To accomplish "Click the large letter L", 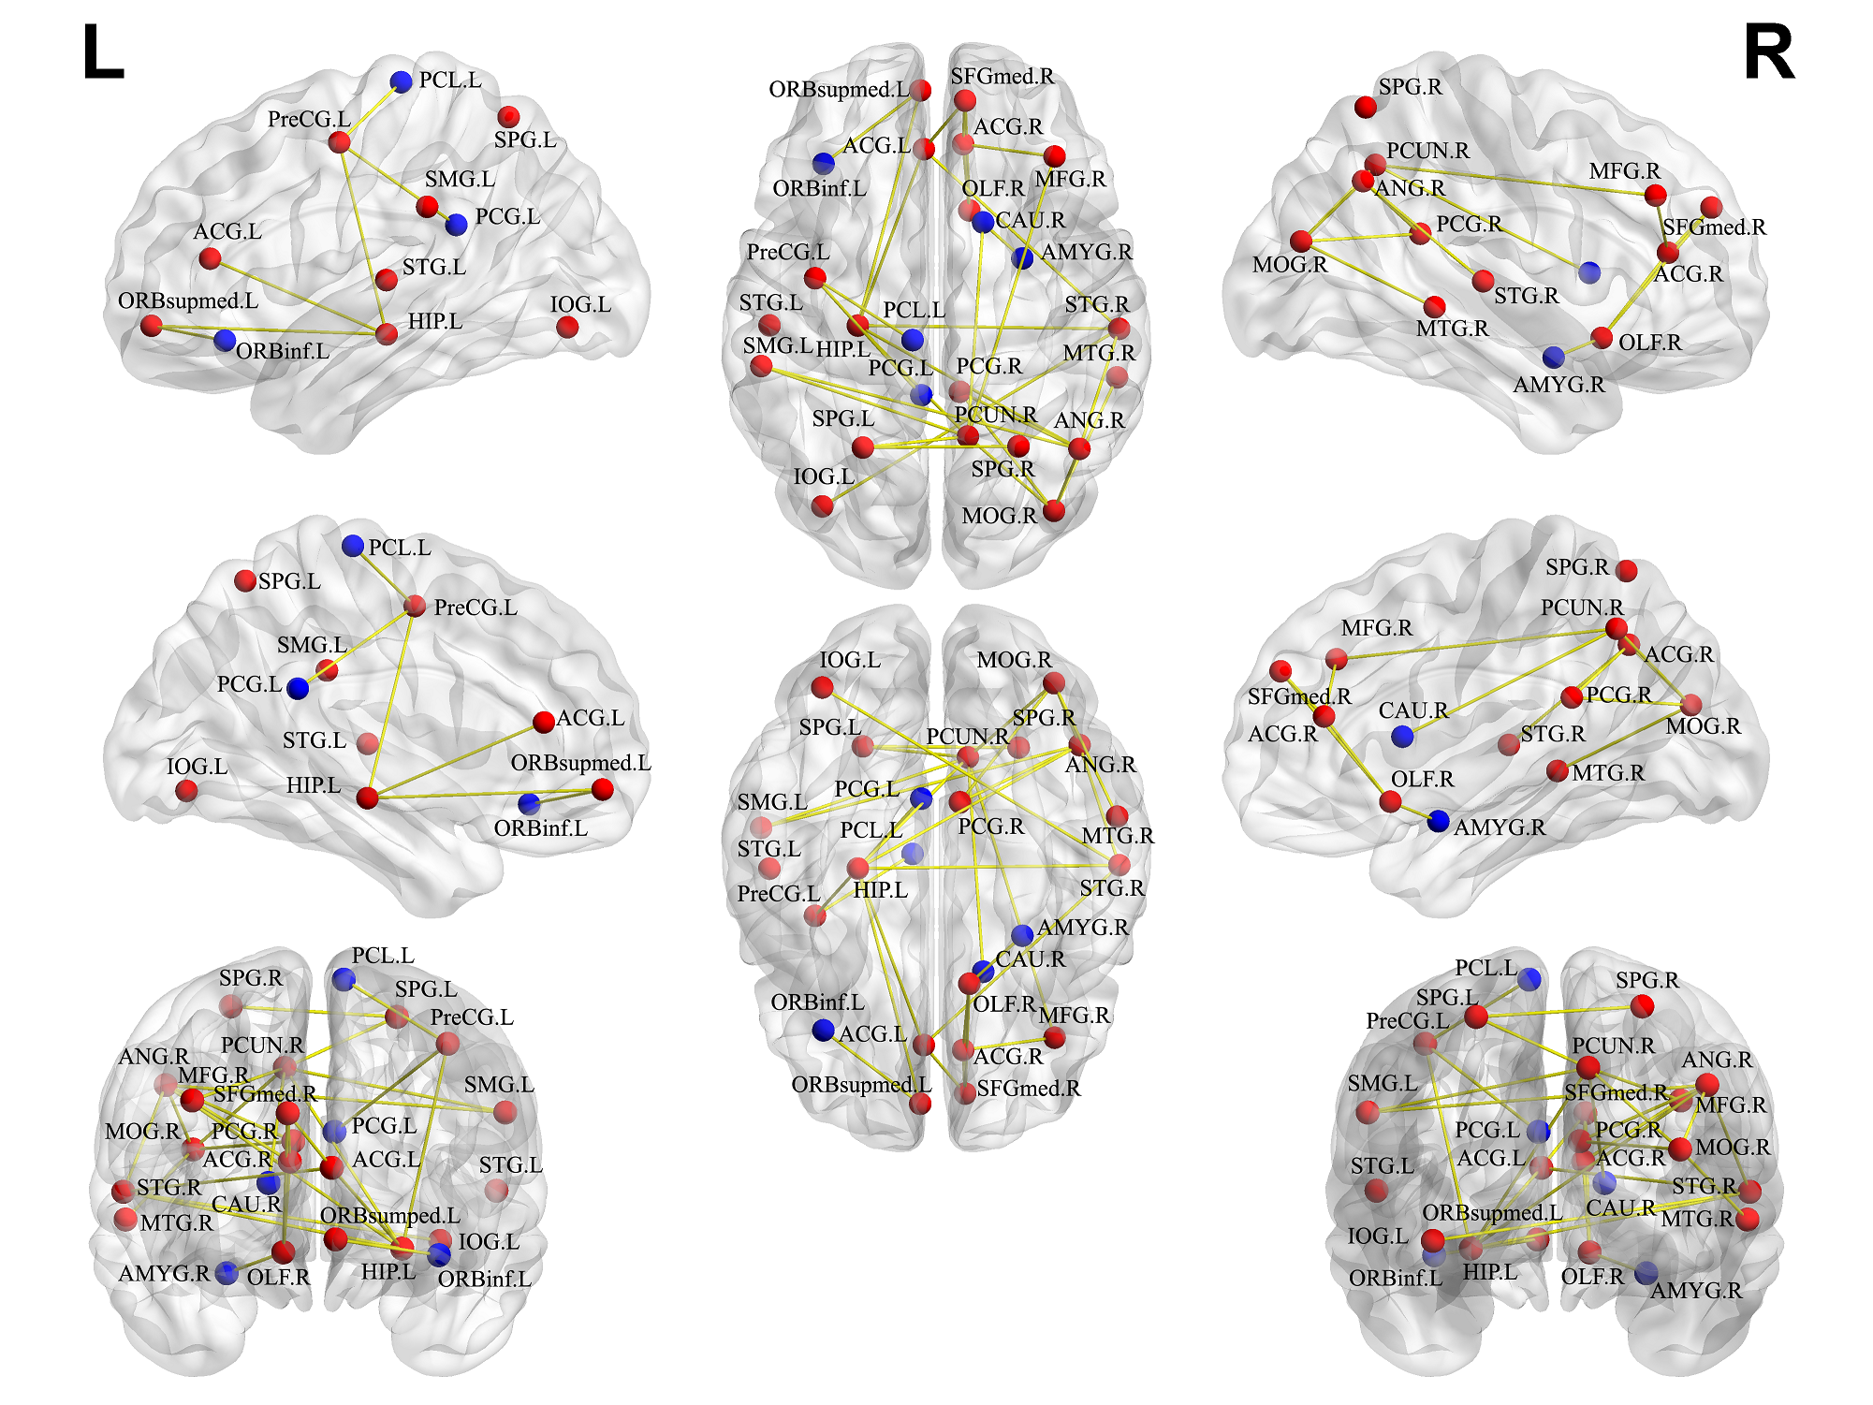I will point(103,53).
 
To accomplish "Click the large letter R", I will point(1768,53).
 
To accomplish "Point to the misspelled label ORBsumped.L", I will point(390,1215).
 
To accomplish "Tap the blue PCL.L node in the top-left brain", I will point(402,81).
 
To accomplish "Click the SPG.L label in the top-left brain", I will point(525,140).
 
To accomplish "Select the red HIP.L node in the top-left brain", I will point(387,333).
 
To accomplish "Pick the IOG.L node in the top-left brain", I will point(567,327).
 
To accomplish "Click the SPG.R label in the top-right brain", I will point(1410,87).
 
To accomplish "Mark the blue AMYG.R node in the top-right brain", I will point(1554,357).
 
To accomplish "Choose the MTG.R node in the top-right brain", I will point(1434,306).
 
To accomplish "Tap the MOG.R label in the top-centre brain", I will point(999,516).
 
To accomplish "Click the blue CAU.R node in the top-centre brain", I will point(983,222).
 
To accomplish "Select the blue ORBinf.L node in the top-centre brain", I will point(824,164).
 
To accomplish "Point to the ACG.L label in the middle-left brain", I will point(590,718).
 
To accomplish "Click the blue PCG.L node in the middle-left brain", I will point(298,689).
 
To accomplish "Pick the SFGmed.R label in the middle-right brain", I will point(1299,696).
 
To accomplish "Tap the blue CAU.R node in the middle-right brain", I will point(1402,736).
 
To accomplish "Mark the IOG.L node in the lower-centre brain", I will point(823,687).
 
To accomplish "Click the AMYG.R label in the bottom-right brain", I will point(1696,1291).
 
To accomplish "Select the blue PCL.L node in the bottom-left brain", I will point(344,979).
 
